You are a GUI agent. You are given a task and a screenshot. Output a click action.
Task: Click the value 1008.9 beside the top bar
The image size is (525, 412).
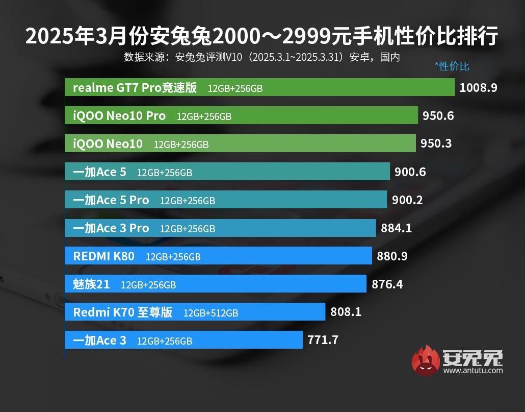[478, 87]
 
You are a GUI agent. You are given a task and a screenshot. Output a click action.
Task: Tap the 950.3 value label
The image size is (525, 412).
[436, 143]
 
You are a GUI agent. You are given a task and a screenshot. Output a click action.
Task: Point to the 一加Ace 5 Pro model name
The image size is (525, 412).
[111, 200]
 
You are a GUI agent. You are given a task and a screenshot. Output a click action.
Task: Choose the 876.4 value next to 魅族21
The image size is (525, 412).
[387, 284]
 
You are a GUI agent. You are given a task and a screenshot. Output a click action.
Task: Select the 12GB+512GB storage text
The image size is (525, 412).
[211, 312]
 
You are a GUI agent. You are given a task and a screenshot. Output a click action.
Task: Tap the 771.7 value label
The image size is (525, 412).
[323, 340]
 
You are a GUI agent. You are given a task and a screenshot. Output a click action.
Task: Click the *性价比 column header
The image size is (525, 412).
[452, 66]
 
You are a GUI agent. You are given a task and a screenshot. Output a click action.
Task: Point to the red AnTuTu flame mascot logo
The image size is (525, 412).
[426, 360]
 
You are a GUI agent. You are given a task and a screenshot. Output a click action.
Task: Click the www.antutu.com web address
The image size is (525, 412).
[473, 370]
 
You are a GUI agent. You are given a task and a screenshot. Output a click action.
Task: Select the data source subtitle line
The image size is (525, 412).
[262, 57]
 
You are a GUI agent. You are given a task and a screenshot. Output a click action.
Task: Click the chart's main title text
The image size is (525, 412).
[262, 37]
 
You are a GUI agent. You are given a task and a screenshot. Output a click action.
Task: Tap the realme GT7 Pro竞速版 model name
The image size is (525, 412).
[135, 87]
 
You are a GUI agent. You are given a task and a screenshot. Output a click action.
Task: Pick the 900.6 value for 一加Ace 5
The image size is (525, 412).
[410, 172]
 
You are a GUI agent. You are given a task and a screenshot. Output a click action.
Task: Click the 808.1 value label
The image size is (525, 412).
[346, 311]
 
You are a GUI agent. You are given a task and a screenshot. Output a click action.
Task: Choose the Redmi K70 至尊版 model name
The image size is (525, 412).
[123, 312]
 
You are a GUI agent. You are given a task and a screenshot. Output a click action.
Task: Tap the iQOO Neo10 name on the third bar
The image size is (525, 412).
[108, 144]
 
